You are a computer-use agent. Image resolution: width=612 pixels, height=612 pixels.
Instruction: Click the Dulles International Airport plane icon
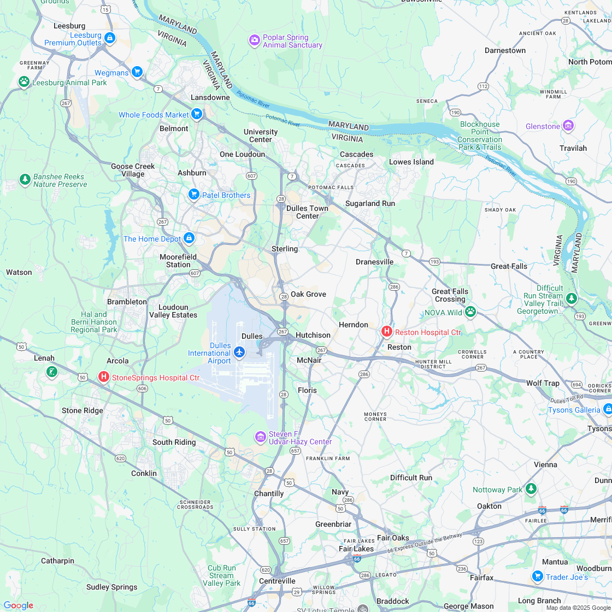[x=239, y=352]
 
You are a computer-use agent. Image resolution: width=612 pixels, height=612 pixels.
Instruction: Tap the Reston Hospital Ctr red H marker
[x=386, y=332]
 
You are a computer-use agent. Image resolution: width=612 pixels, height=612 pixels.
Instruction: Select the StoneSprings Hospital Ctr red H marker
[x=103, y=377]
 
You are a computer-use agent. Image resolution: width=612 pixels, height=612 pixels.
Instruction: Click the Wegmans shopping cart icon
[x=137, y=72]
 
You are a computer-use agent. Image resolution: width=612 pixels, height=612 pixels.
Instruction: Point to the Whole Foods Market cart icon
[x=197, y=115]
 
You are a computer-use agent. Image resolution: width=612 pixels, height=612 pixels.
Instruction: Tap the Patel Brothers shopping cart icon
[x=193, y=195]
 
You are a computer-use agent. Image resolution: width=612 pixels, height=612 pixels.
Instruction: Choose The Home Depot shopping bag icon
[x=189, y=238]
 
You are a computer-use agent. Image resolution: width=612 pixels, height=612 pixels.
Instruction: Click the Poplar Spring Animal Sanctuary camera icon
[x=254, y=40]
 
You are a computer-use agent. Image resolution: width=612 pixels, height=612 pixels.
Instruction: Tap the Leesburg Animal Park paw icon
[x=23, y=82]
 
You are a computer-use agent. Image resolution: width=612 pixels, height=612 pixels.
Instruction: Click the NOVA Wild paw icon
[x=470, y=312]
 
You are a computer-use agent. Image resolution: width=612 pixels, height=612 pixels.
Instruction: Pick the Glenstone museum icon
[x=568, y=126]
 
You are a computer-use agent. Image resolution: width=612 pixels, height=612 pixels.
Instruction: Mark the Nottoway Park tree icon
[x=531, y=489]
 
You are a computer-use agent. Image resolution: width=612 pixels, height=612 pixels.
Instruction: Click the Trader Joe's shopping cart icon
[x=537, y=576]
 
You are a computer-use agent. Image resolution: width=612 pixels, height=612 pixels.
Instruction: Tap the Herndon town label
[x=353, y=325]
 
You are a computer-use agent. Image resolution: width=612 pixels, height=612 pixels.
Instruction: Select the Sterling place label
[x=285, y=249]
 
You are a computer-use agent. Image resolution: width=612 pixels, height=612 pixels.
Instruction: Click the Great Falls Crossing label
[x=450, y=295]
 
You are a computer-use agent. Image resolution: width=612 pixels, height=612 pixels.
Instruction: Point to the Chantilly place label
[x=269, y=493]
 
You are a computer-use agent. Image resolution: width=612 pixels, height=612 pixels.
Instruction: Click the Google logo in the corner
[x=18, y=605]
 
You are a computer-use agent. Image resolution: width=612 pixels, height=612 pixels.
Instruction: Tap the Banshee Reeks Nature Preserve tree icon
[x=25, y=179]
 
